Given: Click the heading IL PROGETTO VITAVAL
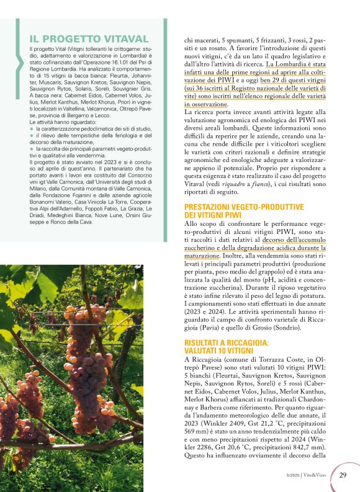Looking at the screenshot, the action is [89, 38].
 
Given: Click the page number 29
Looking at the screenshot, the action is [342, 476].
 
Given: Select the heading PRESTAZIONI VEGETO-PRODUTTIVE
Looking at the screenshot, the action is [244, 207].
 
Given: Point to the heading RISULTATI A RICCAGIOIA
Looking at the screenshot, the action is [235, 342].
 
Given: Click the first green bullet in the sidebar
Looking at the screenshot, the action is [32, 128].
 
